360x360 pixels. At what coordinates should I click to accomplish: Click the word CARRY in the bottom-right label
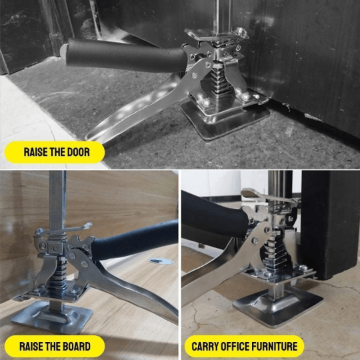[209, 346]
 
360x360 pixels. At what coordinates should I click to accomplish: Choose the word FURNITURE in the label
[283, 346]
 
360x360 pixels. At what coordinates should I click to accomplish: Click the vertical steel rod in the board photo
[57, 200]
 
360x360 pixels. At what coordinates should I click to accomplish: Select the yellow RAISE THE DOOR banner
[53, 152]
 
